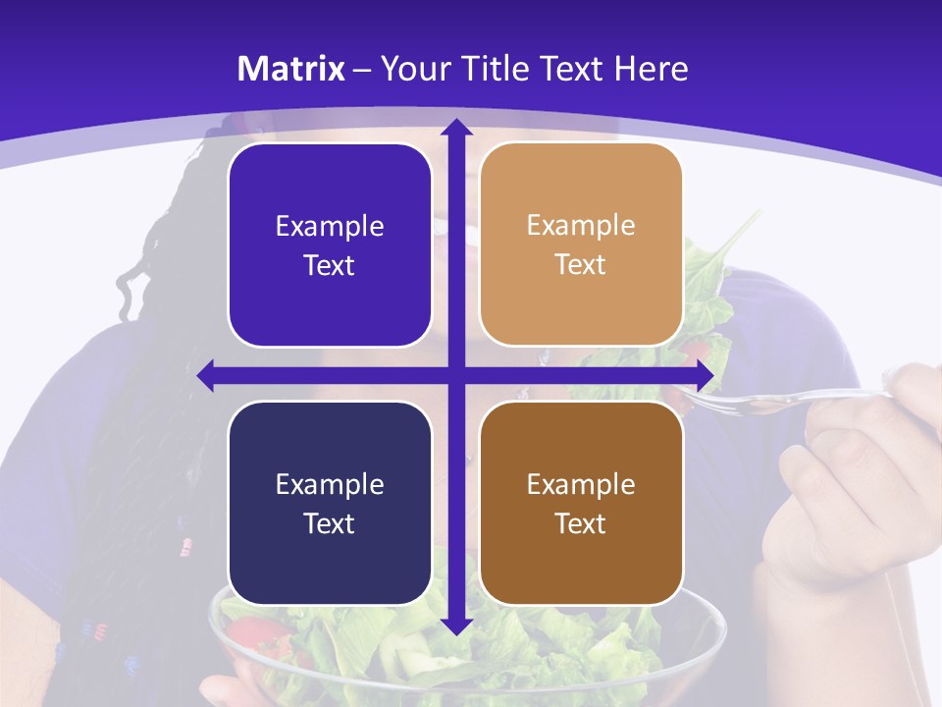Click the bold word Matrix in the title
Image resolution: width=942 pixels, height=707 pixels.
(x=291, y=69)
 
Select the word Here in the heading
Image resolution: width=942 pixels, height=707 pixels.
(x=651, y=69)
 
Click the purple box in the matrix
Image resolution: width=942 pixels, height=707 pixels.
(x=330, y=245)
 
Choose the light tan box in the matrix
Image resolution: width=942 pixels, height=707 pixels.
(x=581, y=245)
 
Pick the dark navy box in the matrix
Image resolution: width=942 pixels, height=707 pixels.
(x=330, y=503)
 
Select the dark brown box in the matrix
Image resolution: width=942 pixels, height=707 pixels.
(x=581, y=503)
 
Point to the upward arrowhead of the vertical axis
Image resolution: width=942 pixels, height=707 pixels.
(x=455, y=127)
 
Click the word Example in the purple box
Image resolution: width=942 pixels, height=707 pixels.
(x=330, y=227)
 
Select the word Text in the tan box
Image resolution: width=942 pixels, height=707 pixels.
(x=581, y=265)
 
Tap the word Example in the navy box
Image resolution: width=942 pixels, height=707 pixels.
(x=330, y=485)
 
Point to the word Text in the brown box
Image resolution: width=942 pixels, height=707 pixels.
(x=581, y=523)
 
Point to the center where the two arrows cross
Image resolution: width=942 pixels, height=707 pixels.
(x=455, y=375)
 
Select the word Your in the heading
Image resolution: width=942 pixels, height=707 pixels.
(x=415, y=69)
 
